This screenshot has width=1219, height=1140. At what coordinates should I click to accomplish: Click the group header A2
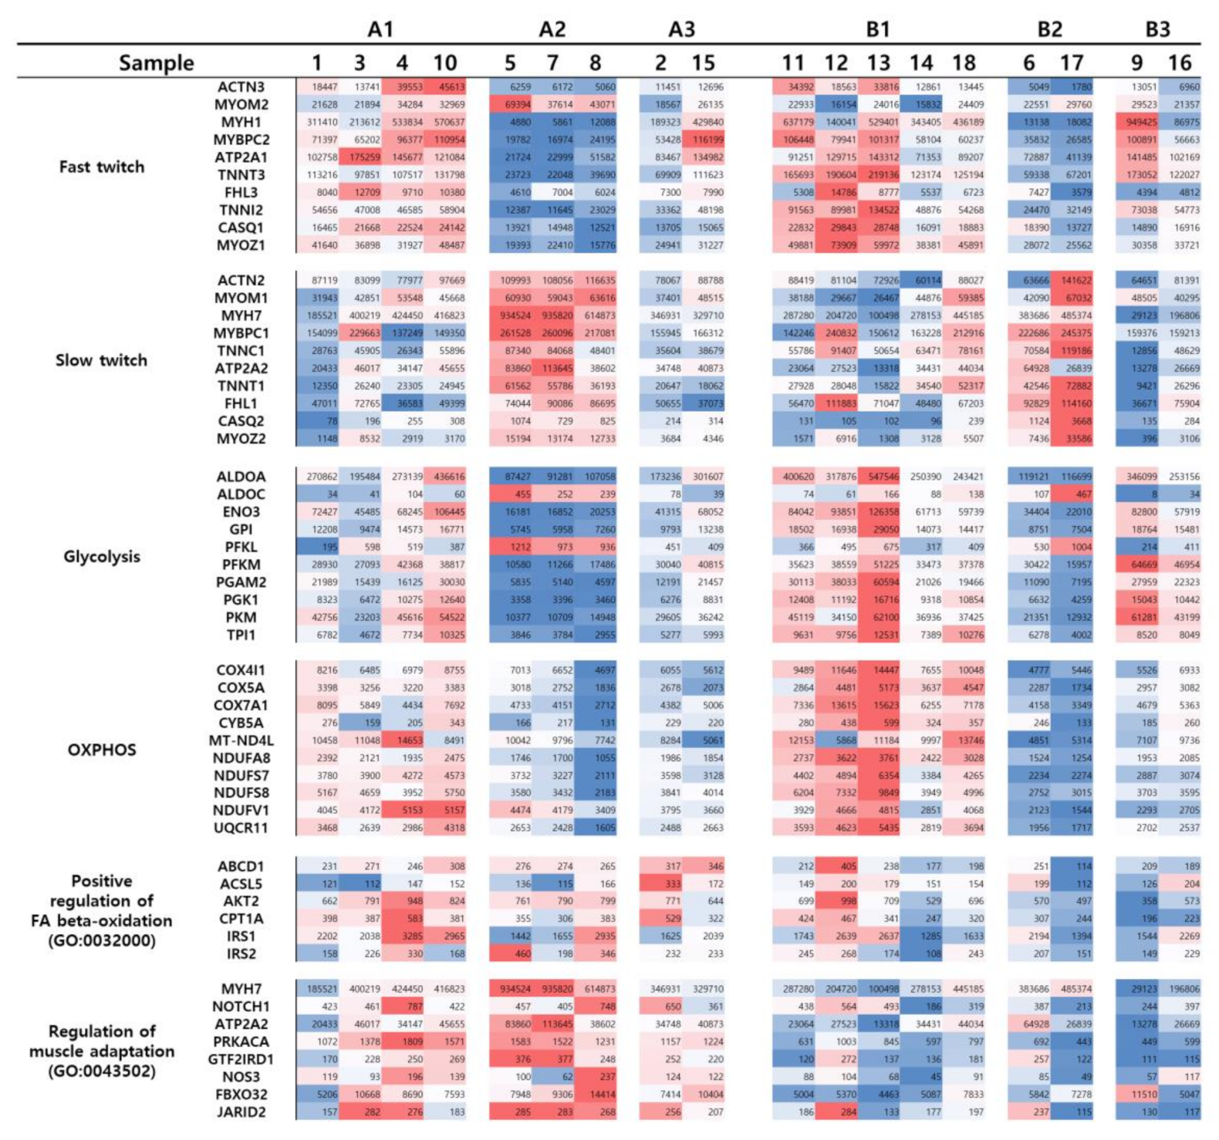click(552, 29)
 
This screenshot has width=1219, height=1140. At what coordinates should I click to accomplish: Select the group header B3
click(1157, 29)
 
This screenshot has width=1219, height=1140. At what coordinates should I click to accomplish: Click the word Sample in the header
click(156, 63)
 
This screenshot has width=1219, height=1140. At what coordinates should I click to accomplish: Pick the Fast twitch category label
click(101, 167)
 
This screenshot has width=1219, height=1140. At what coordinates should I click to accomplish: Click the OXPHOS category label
click(101, 750)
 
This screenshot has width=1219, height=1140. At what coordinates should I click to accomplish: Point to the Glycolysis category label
click(101, 556)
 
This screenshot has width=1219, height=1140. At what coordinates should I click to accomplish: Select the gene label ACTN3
click(240, 87)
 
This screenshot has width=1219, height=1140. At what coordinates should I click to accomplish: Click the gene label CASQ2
click(240, 421)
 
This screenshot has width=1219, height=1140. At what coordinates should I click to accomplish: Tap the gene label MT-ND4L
click(241, 740)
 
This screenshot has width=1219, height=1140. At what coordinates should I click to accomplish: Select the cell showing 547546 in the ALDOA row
click(879, 477)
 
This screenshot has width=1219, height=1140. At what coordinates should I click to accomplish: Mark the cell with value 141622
click(1072, 280)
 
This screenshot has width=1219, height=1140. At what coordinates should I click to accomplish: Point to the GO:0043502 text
click(101, 1071)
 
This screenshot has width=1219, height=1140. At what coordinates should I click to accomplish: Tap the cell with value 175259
click(360, 157)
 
